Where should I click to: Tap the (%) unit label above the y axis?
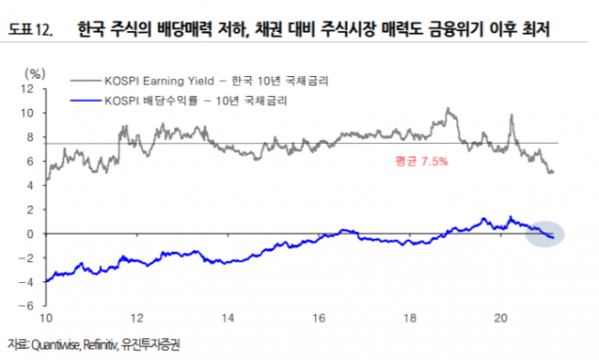coord(33,72)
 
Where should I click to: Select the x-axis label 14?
coord(228,318)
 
